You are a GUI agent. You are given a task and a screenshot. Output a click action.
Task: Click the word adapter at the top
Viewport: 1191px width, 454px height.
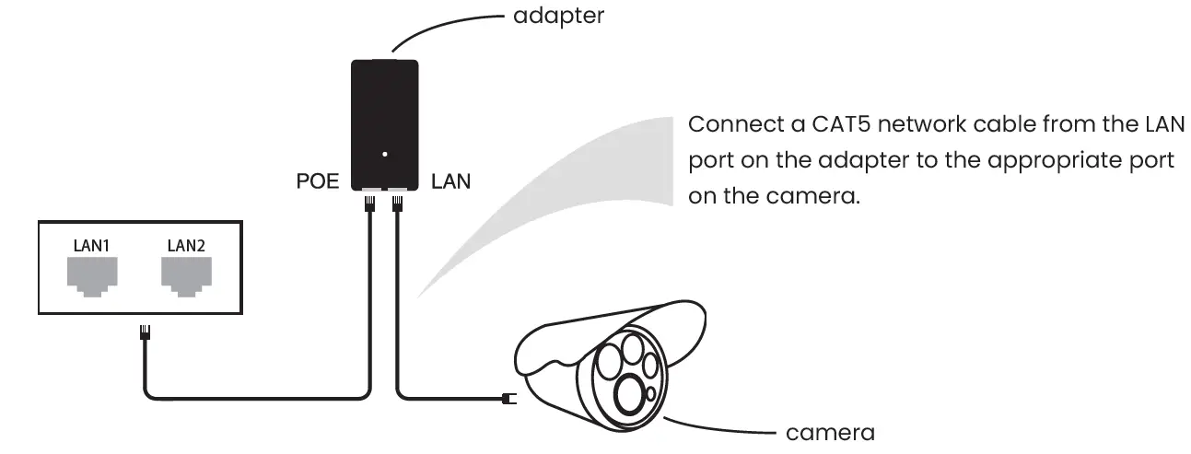(x=559, y=16)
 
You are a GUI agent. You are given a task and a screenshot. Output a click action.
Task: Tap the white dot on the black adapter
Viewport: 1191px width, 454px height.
(x=385, y=154)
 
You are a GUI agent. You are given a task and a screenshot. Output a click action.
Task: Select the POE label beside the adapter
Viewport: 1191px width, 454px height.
(x=317, y=181)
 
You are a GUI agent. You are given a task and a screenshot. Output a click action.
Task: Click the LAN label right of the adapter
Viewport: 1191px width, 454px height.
(x=450, y=181)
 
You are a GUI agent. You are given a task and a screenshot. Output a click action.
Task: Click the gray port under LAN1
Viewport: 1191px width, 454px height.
(x=91, y=274)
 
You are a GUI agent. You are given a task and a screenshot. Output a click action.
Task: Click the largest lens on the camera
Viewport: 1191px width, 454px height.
(x=629, y=396)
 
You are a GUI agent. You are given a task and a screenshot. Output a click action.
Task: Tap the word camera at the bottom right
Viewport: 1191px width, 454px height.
(x=829, y=432)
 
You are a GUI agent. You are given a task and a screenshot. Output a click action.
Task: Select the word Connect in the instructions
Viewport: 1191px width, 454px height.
(x=728, y=123)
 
